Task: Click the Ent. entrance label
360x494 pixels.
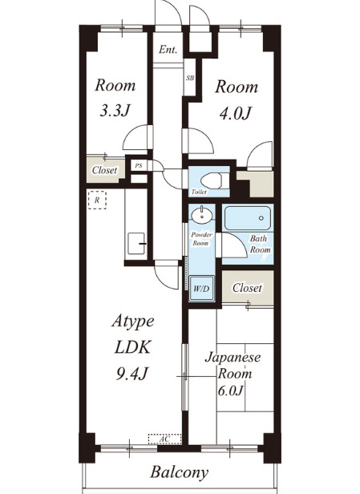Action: point(168,50)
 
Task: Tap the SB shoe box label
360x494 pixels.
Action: point(190,78)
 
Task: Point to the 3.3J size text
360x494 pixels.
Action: point(115,111)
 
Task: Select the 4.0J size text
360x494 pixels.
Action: point(236,113)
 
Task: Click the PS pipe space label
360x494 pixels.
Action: point(139,165)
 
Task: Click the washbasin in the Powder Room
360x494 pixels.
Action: point(202,215)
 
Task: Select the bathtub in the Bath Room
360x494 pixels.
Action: point(248,218)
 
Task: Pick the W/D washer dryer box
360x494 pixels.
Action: point(201,289)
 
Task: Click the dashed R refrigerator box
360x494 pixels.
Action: point(97,200)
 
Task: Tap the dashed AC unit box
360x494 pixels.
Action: point(164,439)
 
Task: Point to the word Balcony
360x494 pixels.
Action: point(180,472)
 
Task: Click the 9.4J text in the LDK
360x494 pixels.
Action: point(132,374)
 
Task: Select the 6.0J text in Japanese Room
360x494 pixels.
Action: point(231,391)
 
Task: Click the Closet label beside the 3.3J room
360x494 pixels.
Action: point(104,170)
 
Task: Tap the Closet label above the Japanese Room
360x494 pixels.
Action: point(247,288)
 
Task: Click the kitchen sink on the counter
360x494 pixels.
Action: point(136,243)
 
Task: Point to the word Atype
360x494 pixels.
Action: point(133,322)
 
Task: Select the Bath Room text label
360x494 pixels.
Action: point(260,244)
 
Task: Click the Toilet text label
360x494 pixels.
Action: point(199,192)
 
